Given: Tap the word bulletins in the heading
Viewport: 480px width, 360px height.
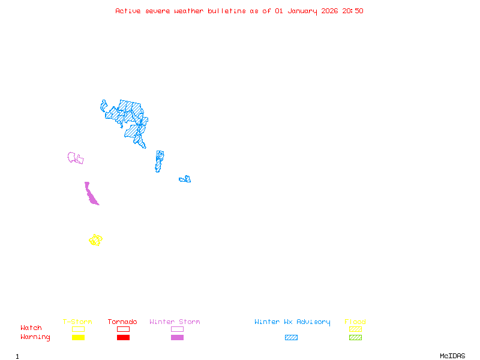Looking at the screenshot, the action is point(227,11).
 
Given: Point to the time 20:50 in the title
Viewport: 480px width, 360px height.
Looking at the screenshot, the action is point(353,11).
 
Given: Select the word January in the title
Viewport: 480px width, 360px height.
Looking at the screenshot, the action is point(302,11).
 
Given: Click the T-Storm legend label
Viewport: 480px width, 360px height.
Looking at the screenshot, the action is point(77,322).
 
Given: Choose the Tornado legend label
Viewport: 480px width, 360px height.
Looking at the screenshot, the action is point(122,322).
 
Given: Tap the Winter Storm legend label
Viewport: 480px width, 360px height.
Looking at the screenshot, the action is point(175,322).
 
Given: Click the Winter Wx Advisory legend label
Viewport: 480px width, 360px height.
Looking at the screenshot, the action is point(292,322).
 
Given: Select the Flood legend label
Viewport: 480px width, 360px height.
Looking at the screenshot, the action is point(355,322).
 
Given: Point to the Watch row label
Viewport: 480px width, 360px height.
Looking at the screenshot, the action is point(31,328).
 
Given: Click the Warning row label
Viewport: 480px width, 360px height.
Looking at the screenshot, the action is point(35,337).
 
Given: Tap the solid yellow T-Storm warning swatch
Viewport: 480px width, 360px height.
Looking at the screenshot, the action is point(78,338).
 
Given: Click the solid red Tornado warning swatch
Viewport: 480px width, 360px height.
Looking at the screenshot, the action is point(123,338).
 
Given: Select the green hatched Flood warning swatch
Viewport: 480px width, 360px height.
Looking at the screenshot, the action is point(355,338).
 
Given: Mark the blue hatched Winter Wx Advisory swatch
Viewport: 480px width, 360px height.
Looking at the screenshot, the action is point(291,338).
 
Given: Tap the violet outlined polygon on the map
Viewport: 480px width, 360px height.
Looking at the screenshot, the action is point(75,158).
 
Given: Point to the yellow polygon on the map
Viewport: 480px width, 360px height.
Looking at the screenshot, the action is point(95,240).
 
